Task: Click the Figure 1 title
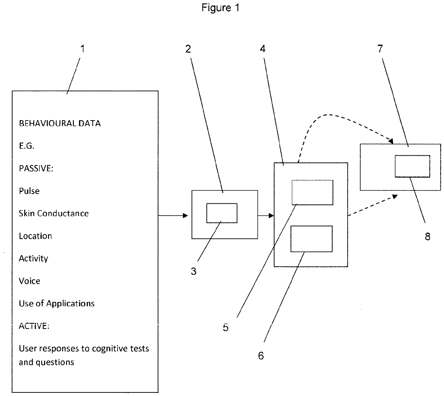[x=220, y=8]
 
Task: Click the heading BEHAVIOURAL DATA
[x=60, y=123]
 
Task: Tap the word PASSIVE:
[x=36, y=168]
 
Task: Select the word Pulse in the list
[x=29, y=191]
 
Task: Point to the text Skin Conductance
[x=54, y=213]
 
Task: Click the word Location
[x=35, y=236]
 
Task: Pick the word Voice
[x=30, y=281]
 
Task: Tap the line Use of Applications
[x=57, y=303]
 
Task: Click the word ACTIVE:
[x=34, y=326]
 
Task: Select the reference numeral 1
[x=83, y=49]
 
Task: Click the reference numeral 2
[x=188, y=49]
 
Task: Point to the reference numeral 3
[x=194, y=271]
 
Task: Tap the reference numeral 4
[x=263, y=49]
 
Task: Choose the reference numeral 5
[x=226, y=327]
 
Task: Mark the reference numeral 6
[x=261, y=355]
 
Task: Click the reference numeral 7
[x=380, y=49]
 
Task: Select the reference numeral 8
[x=428, y=236]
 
